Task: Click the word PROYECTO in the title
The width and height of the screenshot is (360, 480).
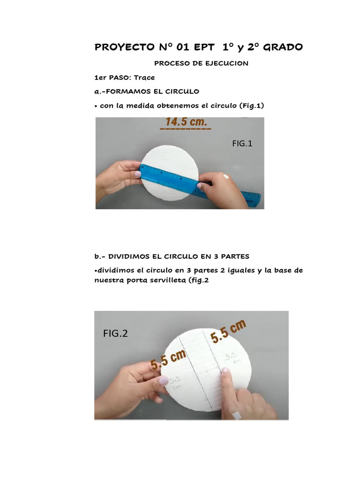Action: [123, 47]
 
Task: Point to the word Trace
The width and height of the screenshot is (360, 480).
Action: [144, 77]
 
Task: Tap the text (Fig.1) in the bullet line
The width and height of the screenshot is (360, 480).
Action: [252, 106]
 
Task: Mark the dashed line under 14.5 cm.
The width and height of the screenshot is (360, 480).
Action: [185, 128]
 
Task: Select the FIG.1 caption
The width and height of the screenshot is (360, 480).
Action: [242, 144]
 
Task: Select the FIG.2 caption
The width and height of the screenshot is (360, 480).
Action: [115, 334]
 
